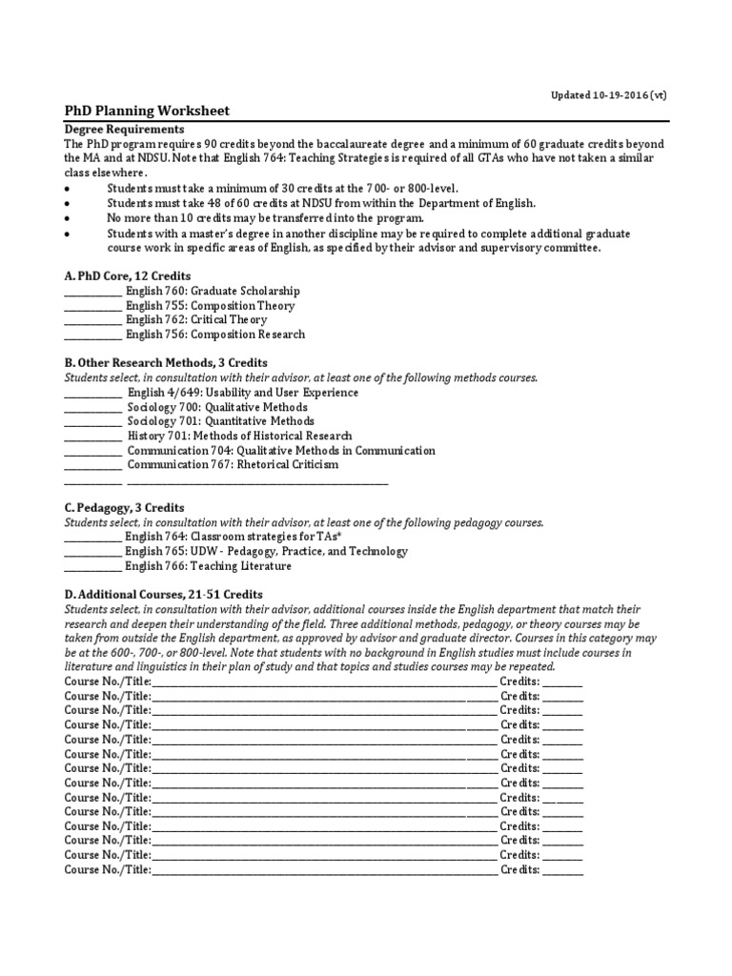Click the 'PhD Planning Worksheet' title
[x=147, y=112]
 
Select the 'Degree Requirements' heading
[x=124, y=129]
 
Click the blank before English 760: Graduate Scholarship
[x=92, y=292]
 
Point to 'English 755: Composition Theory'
[x=211, y=306]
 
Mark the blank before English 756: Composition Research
[x=92, y=335]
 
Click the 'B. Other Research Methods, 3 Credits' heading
[x=166, y=363]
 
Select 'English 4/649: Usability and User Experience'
[x=243, y=393]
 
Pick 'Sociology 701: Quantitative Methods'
[x=220, y=421]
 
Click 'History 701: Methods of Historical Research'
[x=239, y=436]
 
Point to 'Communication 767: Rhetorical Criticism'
[x=233, y=465]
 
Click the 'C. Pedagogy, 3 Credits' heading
[x=125, y=508]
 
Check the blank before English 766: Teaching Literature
[x=92, y=567]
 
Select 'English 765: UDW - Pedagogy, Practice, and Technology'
[x=267, y=552]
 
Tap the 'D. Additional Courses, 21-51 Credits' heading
[x=163, y=594]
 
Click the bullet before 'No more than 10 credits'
[x=68, y=217]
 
